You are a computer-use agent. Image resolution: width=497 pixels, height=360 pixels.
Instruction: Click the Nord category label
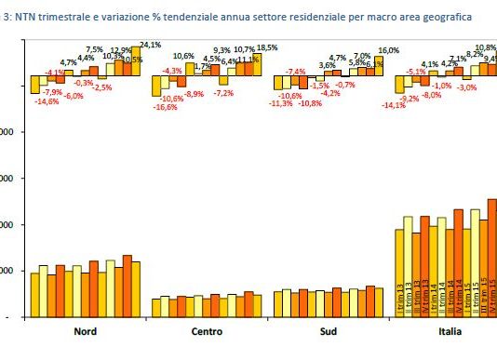click(x=86, y=332)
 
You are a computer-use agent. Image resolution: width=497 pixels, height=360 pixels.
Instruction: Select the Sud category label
click(x=329, y=332)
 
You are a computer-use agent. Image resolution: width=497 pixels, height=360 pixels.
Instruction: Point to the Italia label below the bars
click(x=445, y=332)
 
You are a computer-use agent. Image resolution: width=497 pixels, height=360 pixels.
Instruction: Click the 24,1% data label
click(x=152, y=43)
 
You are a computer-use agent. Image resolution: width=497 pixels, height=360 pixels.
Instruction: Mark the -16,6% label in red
click(x=167, y=107)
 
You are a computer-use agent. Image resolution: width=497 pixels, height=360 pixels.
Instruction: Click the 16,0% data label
click(x=388, y=50)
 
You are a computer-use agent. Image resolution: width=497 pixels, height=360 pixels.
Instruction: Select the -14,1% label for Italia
click(x=395, y=105)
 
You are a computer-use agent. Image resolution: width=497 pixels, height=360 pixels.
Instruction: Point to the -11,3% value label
click(x=280, y=102)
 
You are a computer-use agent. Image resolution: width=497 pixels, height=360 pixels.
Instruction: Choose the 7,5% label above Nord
click(x=95, y=49)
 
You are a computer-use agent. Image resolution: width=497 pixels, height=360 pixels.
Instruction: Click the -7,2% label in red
click(x=222, y=93)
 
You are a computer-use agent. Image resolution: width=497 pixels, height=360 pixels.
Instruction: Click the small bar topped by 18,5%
click(x=259, y=63)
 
